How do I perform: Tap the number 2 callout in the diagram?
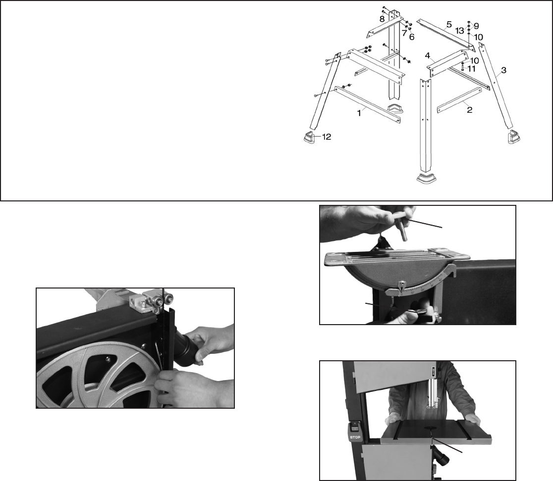tap(469, 110)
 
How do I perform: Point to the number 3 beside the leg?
tap(503, 70)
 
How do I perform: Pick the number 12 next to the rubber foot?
tap(411, 37)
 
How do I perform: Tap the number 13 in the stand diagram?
tap(404, 33)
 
